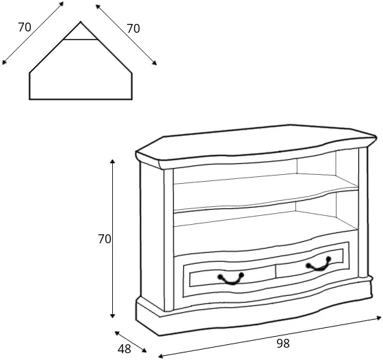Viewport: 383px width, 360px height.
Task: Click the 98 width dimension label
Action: pyautogui.click(x=283, y=344)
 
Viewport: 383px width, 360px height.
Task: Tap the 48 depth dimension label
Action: pyautogui.click(x=124, y=349)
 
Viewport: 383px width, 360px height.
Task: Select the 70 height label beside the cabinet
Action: pyautogui.click(x=105, y=239)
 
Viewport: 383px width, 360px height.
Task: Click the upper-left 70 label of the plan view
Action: pyautogui.click(x=25, y=27)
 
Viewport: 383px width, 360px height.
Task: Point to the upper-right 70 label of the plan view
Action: pyautogui.click(x=133, y=29)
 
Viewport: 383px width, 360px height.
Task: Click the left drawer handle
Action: pyautogui.click(x=231, y=279)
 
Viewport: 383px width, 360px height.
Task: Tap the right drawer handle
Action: pyautogui.click(x=319, y=264)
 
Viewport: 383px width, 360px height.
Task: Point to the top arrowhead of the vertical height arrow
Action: pyautogui.click(x=112, y=161)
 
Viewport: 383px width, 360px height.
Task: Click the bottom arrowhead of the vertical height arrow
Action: pyautogui.click(x=112, y=316)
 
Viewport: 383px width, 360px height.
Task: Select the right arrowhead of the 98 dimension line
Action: pyautogui.click(x=379, y=318)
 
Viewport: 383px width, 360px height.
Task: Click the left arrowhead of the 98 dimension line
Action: pyautogui.click(x=161, y=356)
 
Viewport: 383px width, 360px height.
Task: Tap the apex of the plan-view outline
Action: pyautogui.click(x=81, y=22)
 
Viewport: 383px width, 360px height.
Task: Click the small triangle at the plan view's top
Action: pyautogui.click(x=81, y=32)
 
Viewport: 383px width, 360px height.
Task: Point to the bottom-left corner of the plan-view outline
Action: pyautogui.click(x=29, y=99)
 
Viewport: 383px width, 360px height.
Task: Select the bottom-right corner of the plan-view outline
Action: pyautogui.click(x=132, y=99)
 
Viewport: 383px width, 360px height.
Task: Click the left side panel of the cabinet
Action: pyautogui.click(x=152, y=234)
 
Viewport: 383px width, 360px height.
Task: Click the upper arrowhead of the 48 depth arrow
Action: pyautogui.click(x=117, y=333)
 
